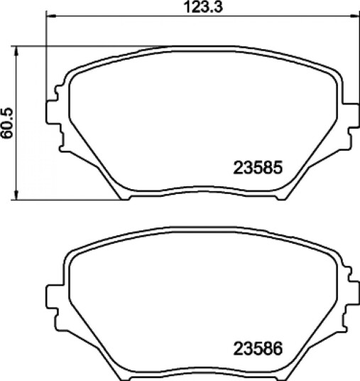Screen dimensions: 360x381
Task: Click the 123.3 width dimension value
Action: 203,7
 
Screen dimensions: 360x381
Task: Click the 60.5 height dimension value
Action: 7,123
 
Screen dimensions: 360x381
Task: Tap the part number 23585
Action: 258,168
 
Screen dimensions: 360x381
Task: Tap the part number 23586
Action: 258,349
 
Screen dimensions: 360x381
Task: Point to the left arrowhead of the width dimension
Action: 51,16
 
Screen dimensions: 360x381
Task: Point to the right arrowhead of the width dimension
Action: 354,16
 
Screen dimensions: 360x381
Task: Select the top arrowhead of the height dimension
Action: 16,51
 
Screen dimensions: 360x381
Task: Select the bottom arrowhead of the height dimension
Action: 16,195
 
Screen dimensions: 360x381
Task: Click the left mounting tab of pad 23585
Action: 52,112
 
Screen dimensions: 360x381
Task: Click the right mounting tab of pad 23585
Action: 351,115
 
